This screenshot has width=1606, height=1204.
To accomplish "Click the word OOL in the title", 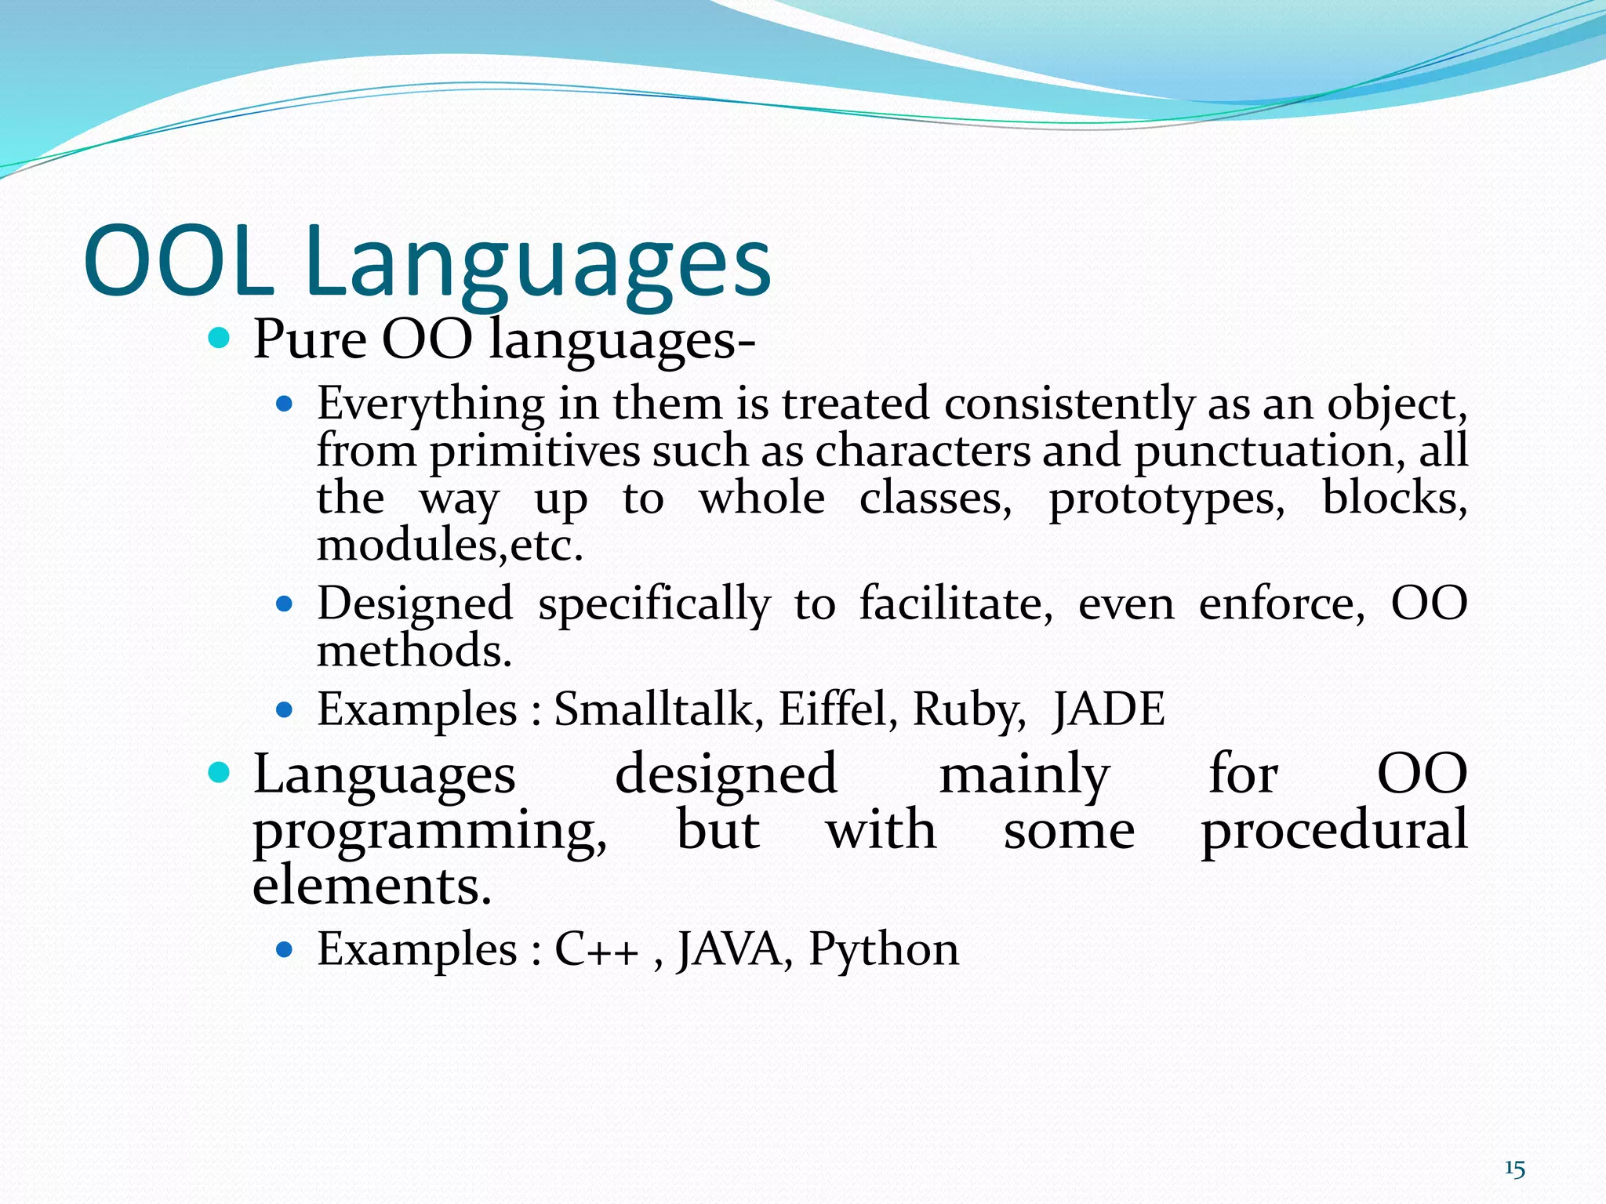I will (179, 261).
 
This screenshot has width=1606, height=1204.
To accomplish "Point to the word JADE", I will (1108, 709).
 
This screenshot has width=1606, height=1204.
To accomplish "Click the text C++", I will (597, 949).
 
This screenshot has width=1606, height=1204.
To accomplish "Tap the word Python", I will (883, 951).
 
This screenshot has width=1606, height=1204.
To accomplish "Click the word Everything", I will (431, 405).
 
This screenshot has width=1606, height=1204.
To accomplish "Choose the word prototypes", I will (1166, 499).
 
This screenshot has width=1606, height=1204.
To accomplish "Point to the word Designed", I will (415, 605).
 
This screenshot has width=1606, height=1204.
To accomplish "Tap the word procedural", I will (1334, 831).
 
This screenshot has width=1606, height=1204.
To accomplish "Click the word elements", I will (372, 885).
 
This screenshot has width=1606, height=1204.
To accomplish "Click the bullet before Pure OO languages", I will (220, 339).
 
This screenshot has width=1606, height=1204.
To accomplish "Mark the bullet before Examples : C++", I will (285, 951).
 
